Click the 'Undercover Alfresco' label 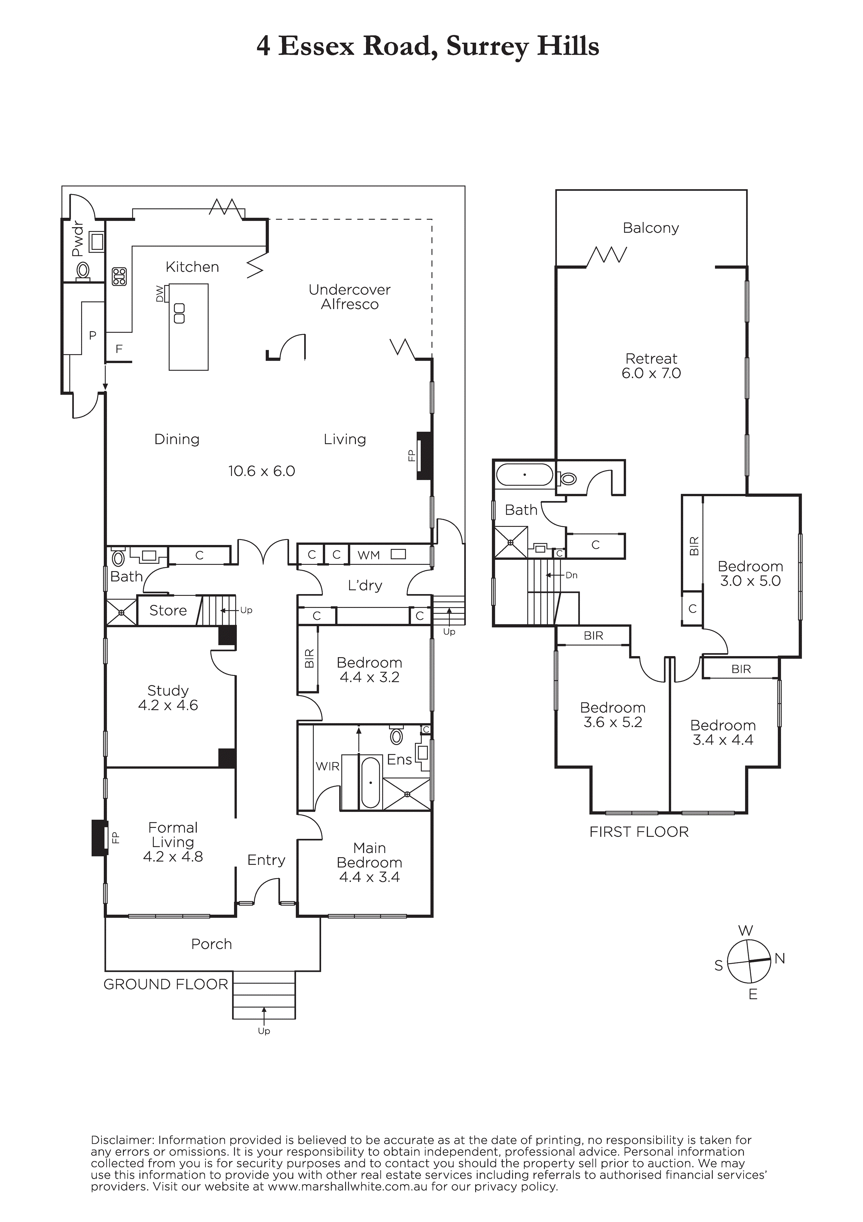tap(350, 297)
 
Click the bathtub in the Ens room tap(370, 783)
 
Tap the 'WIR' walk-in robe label tap(327, 767)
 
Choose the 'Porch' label tap(211, 944)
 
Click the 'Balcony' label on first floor tap(651, 228)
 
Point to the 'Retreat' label tap(651, 358)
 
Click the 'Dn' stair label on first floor tap(572, 575)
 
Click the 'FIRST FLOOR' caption tap(638, 832)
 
